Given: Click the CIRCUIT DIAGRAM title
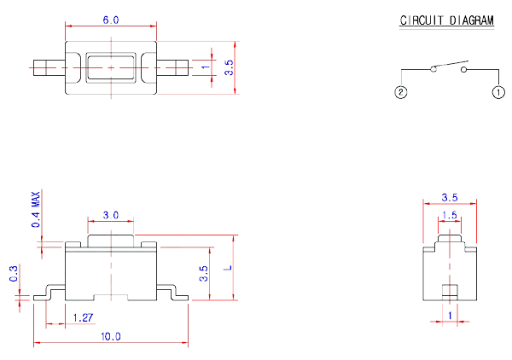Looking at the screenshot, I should [447, 21].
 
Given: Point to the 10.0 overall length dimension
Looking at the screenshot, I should [111, 337].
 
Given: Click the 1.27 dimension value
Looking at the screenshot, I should [83, 317].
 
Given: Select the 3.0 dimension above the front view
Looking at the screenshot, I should [111, 214].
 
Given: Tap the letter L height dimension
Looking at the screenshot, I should [228, 268].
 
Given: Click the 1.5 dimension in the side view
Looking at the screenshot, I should [450, 215].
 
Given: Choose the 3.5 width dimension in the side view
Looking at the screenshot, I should [450, 198].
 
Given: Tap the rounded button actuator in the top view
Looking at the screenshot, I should [111, 67].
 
